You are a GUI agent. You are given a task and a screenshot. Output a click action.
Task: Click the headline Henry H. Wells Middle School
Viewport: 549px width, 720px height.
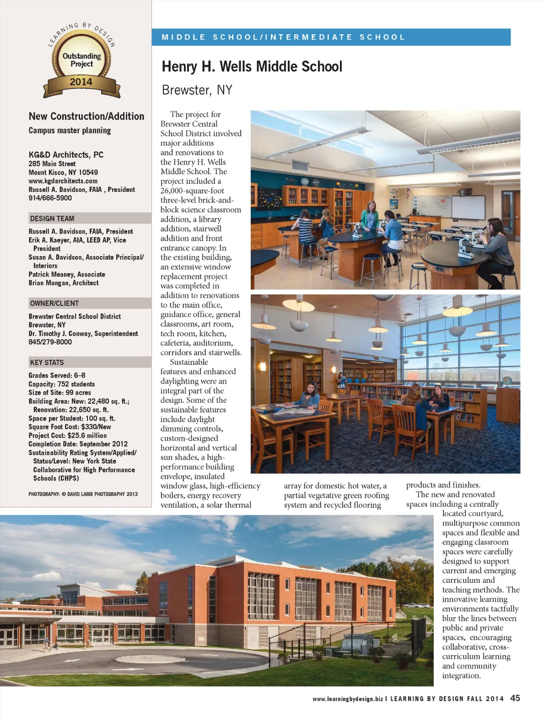(251, 66)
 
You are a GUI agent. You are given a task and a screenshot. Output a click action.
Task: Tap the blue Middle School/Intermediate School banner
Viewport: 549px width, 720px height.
(331, 37)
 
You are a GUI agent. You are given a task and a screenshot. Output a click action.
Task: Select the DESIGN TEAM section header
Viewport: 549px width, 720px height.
(53, 219)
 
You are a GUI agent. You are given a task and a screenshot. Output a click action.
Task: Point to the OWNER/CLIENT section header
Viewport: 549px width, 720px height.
(55, 303)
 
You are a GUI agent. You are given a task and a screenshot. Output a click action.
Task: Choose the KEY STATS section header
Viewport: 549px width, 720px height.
(47, 363)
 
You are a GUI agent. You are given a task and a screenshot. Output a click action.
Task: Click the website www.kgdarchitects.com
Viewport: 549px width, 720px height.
(63, 181)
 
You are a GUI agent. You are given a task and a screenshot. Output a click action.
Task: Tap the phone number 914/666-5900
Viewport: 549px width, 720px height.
(50, 198)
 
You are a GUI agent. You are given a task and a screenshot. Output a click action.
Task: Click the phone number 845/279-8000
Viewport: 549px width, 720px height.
(50, 342)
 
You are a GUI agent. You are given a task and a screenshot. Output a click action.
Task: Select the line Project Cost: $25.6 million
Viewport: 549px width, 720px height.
(68, 436)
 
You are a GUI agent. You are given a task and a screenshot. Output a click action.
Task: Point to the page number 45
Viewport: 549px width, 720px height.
(515, 698)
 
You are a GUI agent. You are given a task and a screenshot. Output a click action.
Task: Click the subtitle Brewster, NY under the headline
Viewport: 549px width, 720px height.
(197, 90)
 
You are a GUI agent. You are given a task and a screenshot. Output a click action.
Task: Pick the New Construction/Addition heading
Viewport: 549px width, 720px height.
(86, 116)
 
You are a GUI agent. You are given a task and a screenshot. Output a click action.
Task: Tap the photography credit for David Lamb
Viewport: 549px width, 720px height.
(83, 494)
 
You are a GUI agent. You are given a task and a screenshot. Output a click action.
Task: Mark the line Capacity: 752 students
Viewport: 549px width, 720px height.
(62, 384)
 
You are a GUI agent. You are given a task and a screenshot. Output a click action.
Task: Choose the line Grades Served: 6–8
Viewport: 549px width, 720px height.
(57, 376)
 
